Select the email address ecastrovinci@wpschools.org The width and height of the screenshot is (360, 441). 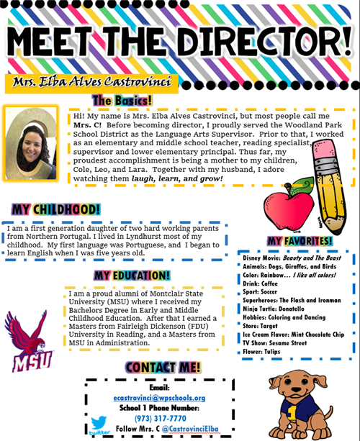click(x=159, y=398)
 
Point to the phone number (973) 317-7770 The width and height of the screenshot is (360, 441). click(x=159, y=419)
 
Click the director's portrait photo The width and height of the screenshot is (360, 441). click(x=32, y=135)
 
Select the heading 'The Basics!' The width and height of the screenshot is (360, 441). click(x=121, y=100)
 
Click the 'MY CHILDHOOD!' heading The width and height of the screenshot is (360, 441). click(x=56, y=209)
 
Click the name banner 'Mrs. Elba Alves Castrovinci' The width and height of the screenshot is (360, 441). click(x=92, y=82)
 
